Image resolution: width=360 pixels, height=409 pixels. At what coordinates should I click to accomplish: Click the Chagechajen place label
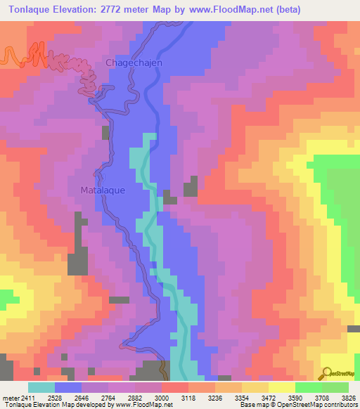point(134,63)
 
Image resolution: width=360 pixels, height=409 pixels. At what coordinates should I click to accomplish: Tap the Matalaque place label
point(104,190)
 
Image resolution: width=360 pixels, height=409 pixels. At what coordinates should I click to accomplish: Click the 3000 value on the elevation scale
point(162,398)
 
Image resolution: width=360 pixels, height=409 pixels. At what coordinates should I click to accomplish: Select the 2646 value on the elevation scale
point(82,398)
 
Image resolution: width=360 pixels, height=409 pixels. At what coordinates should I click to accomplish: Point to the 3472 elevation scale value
point(268,398)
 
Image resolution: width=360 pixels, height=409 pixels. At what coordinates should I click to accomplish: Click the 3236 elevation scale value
point(214,398)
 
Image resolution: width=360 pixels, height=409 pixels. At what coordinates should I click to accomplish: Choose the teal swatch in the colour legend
point(41,387)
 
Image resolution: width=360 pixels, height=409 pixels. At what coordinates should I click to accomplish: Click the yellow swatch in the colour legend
point(281,387)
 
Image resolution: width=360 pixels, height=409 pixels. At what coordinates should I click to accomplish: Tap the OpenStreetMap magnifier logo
point(326,374)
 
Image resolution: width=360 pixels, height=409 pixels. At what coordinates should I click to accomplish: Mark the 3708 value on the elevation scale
point(321,398)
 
